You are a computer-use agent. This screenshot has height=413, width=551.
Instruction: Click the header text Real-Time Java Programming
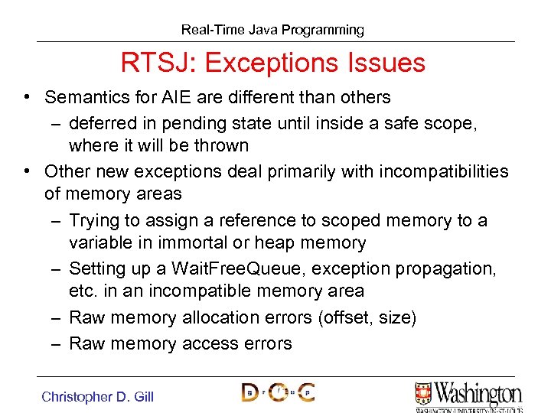pyautogui.click(x=272, y=30)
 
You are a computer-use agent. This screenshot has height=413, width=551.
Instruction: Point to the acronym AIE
pyautogui.click(x=193, y=97)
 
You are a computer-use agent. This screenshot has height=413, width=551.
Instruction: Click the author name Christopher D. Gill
pyautogui.click(x=98, y=396)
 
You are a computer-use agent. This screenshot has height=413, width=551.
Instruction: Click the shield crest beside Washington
pyautogui.click(x=423, y=393)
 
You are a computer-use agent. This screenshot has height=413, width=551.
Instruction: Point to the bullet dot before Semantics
pyautogui.click(x=27, y=97)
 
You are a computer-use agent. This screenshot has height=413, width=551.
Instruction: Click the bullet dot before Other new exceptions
pyautogui.click(x=27, y=171)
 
